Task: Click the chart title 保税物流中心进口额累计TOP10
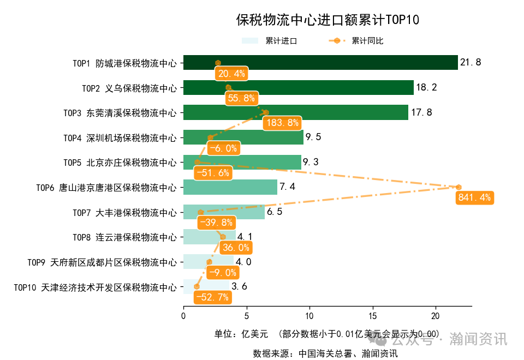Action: click(x=327, y=20)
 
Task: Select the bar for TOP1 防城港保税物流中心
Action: click(x=320, y=63)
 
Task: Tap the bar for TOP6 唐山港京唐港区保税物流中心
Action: click(x=230, y=187)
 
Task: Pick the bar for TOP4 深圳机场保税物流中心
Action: click(x=243, y=137)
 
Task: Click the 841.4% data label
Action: click(x=474, y=197)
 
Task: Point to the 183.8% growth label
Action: click(x=281, y=123)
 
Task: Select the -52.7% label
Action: click(x=213, y=297)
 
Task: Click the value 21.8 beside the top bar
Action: click(x=471, y=63)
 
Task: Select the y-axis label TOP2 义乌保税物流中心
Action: click(x=129, y=88)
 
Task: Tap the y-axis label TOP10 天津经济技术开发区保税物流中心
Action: click(x=96, y=287)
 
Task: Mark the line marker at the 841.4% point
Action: click(x=458, y=187)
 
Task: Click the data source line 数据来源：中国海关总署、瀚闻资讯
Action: click(x=325, y=353)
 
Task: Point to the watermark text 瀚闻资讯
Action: click(x=478, y=339)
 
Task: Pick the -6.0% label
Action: click(x=224, y=148)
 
